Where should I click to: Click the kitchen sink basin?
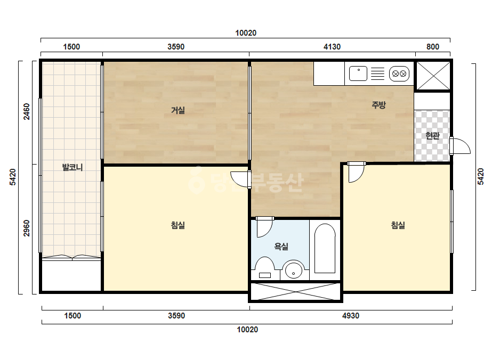click(x=358, y=73)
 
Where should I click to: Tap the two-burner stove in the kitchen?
click(x=399, y=73)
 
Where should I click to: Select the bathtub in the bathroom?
click(x=325, y=248)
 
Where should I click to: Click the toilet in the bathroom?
click(x=265, y=268)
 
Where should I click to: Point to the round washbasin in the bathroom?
click(x=293, y=270)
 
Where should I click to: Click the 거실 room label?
click(x=178, y=110)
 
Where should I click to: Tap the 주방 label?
click(x=378, y=105)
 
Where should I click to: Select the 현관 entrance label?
click(x=432, y=135)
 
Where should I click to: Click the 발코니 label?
click(x=72, y=167)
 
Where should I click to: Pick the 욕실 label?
click(x=281, y=247)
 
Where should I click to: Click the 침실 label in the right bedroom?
click(x=398, y=225)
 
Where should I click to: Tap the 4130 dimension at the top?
click(x=332, y=47)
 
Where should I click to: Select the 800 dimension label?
click(x=433, y=47)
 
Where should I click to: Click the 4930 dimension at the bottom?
click(x=351, y=315)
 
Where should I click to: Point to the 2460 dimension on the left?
click(x=27, y=111)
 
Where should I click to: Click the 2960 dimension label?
click(x=27, y=228)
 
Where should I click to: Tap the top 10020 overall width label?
click(x=246, y=33)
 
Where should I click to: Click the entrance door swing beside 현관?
click(x=461, y=146)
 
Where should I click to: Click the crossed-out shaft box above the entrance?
click(x=433, y=76)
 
